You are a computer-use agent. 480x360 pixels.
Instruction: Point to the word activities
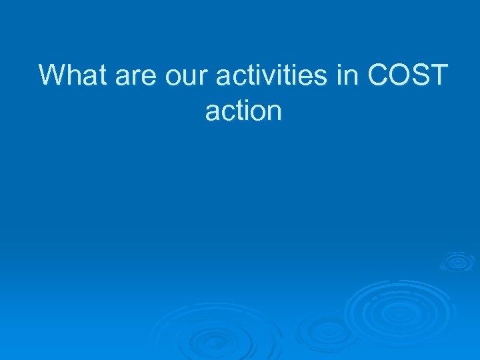(x=275, y=75)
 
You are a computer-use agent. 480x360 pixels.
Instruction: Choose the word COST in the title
(x=407, y=75)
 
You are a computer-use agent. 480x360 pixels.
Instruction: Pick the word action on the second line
(x=243, y=111)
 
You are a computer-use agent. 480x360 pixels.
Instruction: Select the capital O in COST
(x=402, y=75)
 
